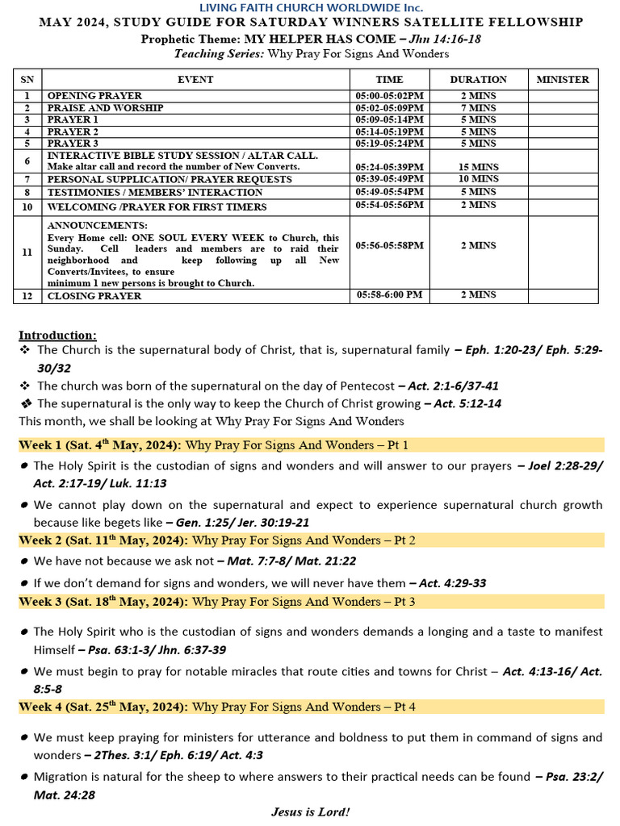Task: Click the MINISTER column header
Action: point(563,79)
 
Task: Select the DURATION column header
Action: point(478,79)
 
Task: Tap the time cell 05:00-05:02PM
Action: point(389,96)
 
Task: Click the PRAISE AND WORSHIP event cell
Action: point(105,108)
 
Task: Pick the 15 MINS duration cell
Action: point(478,166)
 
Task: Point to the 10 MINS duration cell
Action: point(478,179)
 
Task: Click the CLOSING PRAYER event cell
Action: point(94,296)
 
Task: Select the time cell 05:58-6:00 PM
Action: point(389,295)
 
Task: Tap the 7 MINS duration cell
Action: point(478,108)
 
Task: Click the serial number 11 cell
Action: point(27,252)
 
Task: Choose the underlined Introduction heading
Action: point(57,335)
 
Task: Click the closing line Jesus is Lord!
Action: point(311,811)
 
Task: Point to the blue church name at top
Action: point(311,7)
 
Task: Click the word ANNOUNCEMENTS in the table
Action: point(97,225)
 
